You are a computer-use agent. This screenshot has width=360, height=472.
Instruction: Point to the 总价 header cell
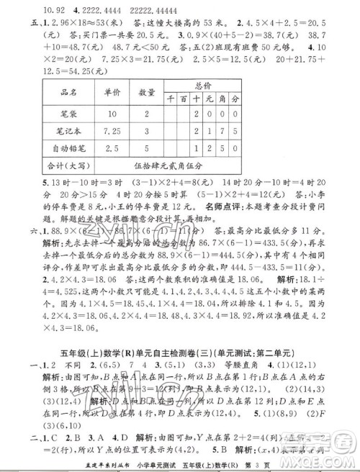[204, 84]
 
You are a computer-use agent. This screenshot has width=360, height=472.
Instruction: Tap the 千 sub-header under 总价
[170, 99]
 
